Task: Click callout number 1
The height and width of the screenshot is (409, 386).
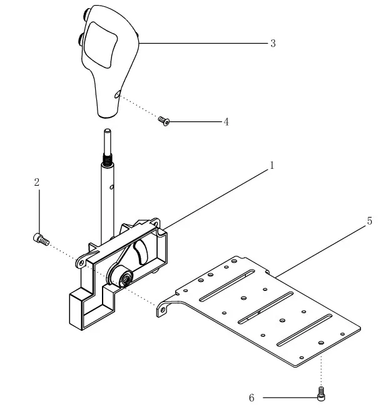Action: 272,166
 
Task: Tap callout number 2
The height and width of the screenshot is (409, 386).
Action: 37,182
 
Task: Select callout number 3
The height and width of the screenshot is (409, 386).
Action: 273,43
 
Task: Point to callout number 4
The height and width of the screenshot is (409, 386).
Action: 226,122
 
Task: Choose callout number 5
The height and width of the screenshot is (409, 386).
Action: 369,221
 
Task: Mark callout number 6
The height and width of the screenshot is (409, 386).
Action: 251,398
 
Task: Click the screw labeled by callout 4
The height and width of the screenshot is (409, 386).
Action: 164,119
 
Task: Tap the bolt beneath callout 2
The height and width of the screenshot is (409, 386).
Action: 41,238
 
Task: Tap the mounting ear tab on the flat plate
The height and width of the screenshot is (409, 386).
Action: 165,308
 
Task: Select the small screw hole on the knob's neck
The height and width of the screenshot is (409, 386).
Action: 117,95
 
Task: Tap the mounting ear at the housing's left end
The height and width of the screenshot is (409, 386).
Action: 80,263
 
